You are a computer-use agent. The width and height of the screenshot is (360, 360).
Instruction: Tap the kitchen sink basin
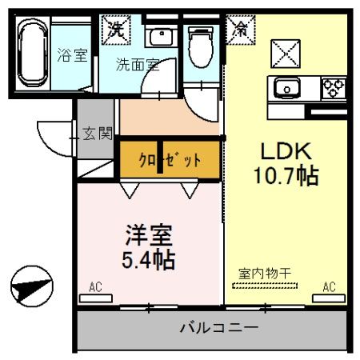click(x=286, y=86)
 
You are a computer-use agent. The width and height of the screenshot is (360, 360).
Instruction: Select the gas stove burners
click(x=334, y=85)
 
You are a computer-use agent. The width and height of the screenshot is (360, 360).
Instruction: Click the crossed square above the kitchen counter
click(x=285, y=54)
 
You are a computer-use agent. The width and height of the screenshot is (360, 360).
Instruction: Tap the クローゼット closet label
click(x=170, y=159)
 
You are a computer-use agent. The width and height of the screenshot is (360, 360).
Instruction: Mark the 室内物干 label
click(x=264, y=274)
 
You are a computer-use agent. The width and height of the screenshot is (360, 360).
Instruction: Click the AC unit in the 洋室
click(x=95, y=298)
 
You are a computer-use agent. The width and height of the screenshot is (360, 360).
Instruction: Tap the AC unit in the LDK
click(x=328, y=298)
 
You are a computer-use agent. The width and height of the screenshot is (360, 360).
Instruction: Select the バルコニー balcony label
click(x=218, y=328)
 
